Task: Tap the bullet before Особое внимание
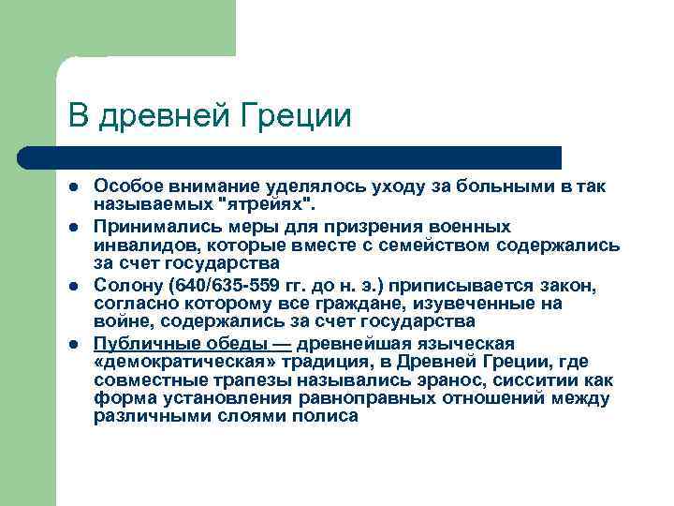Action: pyautogui.click(x=74, y=188)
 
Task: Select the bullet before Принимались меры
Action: pyautogui.click(x=74, y=228)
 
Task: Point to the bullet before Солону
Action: pyautogui.click(x=74, y=284)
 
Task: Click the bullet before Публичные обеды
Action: pyautogui.click(x=74, y=344)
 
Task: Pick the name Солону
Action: pyautogui.click(x=127, y=284)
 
